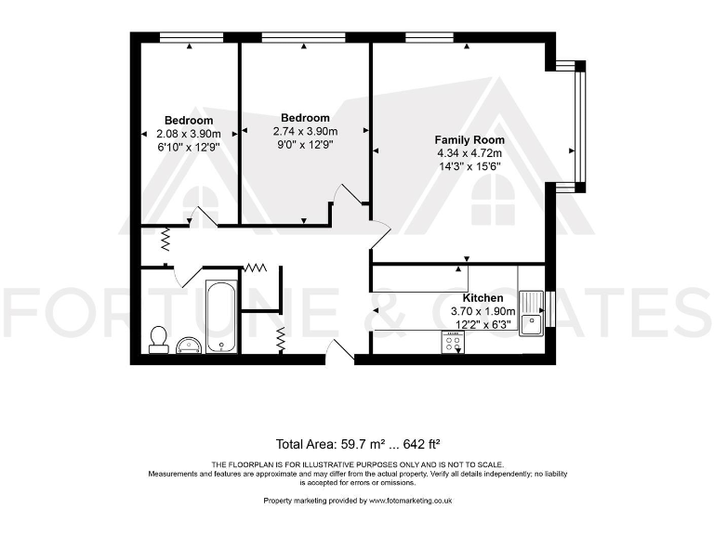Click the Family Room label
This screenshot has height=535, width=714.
pyautogui.click(x=469, y=139)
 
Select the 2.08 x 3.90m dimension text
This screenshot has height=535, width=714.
pyautogui.click(x=189, y=133)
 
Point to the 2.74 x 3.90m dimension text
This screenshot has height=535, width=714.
pyautogui.click(x=305, y=131)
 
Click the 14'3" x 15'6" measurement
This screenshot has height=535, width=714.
pyautogui.click(x=469, y=165)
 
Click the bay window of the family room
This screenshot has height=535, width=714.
pyautogui.click(x=579, y=126)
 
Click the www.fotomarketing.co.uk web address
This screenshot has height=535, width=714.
pyautogui.click(x=410, y=501)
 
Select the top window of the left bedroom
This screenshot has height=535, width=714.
pyautogui.click(x=189, y=37)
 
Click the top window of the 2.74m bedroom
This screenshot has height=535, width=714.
pyautogui.click(x=291, y=37)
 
